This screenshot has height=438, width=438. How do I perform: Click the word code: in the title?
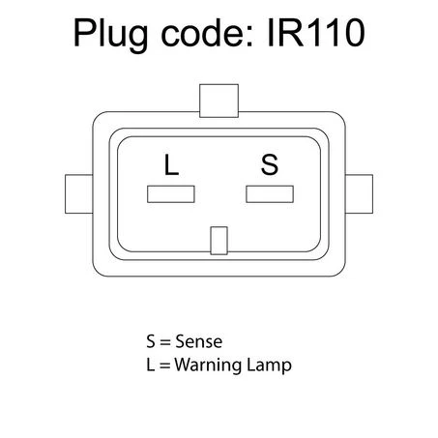tap(207, 32)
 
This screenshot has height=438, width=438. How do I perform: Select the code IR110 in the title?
tap(316, 32)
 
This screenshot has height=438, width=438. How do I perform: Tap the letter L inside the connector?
tap(171, 164)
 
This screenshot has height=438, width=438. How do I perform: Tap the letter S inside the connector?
tap(270, 164)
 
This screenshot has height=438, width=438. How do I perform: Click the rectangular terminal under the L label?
tap(171, 194)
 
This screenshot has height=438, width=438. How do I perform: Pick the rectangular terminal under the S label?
tap(270, 194)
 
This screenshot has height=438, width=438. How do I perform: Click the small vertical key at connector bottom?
tap(219, 241)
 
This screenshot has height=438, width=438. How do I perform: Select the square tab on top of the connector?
tap(219, 101)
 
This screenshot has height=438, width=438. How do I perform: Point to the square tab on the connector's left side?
tap(79, 194)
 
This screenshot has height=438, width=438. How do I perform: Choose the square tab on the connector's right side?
tap(359, 194)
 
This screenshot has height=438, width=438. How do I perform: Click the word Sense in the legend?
tap(198, 341)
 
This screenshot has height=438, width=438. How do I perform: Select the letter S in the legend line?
tap(151, 341)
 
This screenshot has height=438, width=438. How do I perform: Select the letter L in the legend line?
tap(150, 365)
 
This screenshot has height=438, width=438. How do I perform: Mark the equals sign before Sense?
tap(165, 342)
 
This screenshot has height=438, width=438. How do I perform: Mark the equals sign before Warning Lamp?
tap(164, 365)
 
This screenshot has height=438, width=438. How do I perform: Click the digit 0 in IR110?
tap(353, 32)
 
